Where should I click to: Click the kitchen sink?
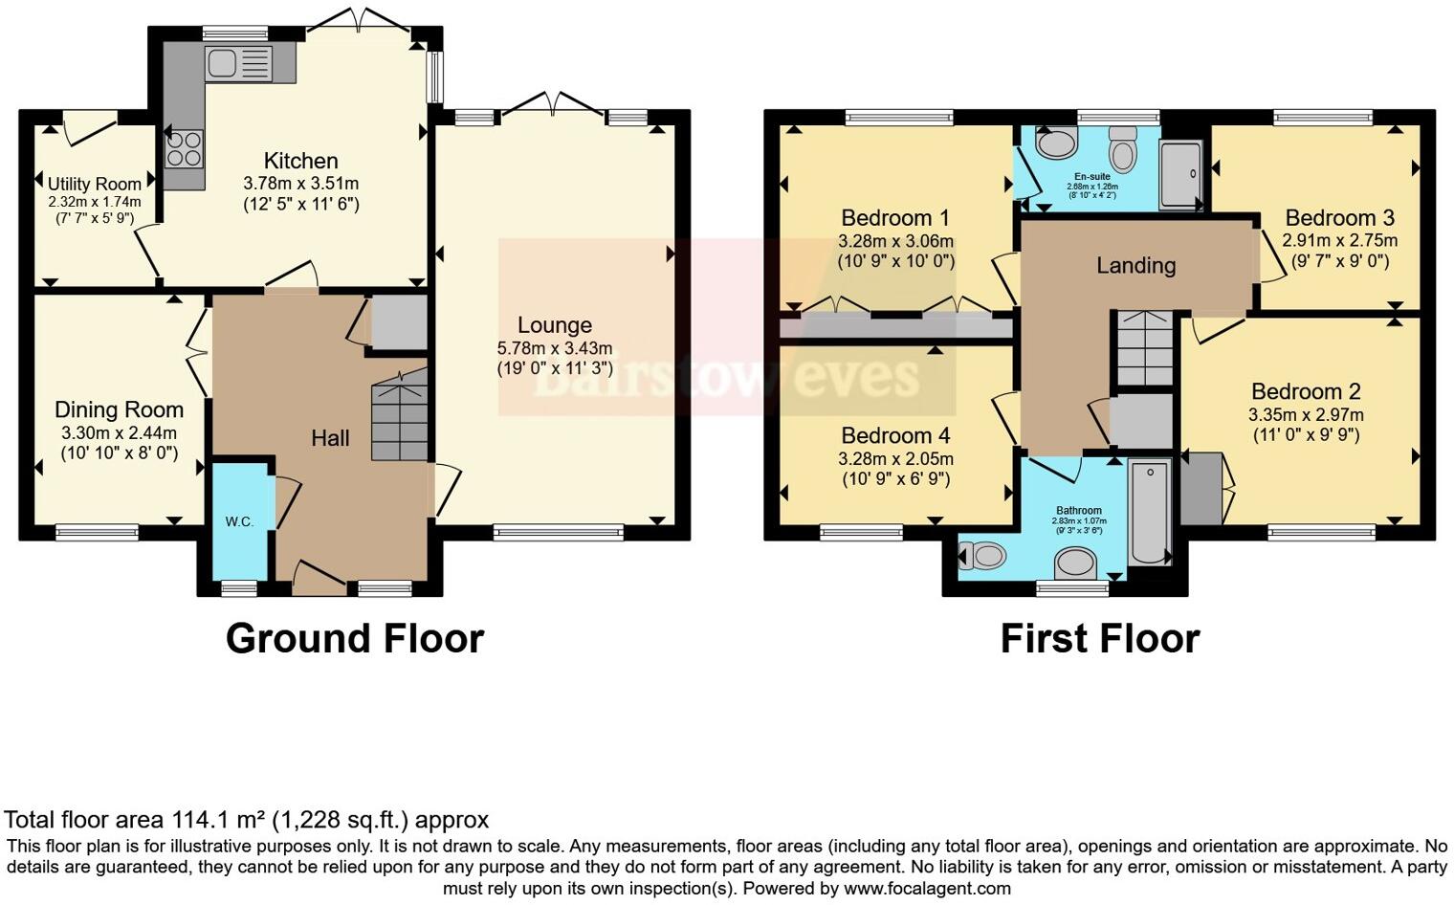click(222, 63)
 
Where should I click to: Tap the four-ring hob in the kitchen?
click(184, 147)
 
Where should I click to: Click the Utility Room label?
click(94, 184)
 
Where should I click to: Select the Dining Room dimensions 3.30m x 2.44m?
click(119, 432)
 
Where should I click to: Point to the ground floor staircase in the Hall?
click(399, 417)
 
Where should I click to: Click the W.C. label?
click(239, 521)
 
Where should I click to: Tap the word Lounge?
click(554, 325)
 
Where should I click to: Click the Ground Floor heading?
click(354, 638)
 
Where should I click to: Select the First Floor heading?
click(1099, 638)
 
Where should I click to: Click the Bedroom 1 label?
click(894, 218)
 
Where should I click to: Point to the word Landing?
click(1135, 265)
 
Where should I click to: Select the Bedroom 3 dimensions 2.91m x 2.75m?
click(1339, 240)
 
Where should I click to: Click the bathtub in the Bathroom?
click(1149, 513)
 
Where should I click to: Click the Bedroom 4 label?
click(894, 436)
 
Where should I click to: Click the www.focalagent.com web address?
click(926, 888)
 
